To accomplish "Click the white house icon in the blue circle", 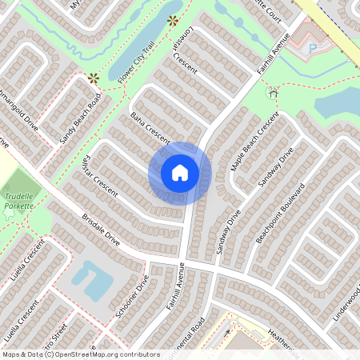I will point(180,173).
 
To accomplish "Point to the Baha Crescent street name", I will point(150,127).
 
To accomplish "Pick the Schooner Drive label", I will point(133,297).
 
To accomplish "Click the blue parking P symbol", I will point(313,47).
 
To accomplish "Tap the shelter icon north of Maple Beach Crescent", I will point(273,94).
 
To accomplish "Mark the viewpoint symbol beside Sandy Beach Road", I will point(94,78).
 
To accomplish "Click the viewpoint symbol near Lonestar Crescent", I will point(172,21).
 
